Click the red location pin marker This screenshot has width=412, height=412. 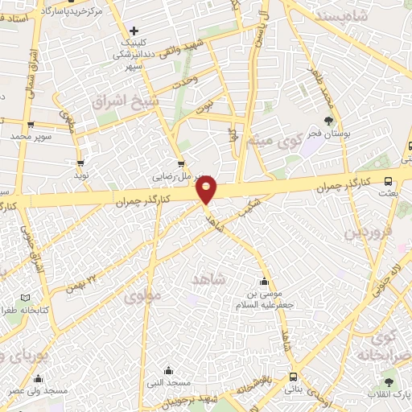pos(207,190)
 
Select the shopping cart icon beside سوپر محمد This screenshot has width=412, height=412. pos(31,125)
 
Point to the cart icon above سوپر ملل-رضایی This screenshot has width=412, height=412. pos(182,161)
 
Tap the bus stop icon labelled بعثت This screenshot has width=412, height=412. pos(389,182)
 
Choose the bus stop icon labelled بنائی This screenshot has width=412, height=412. pos(292,376)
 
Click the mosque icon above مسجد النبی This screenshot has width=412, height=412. pos(168,370)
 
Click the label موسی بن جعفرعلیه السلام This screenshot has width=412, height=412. pos(266,300)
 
